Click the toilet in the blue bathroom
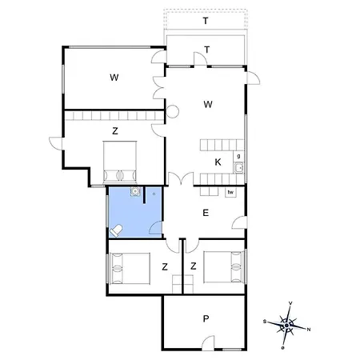pyautogui.click(x=116, y=230)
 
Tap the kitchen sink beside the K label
pyautogui.click(x=238, y=168)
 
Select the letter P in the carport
pyautogui.click(x=206, y=318)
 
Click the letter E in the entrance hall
pyautogui.click(x=206, y=213)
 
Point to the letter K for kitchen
pyautogui.click(x=218, y=162)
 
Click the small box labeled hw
pyautogui.click(x=230, y=192)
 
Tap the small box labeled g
pyautogui.click(x=238, y=156)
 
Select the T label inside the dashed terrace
pyautogui.click(x=206, y=21)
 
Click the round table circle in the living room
pyautogui.click(x=172, y=112)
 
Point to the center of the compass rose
pyautogui.click(x=286, y=326)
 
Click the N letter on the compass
pyautogui.click(x=309, y=330)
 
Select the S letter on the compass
pyautogui.click(x=265, y=322)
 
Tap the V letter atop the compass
pyautogui.click(x=290, y=303)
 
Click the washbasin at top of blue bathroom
pyautogui.click(x=135, y=191)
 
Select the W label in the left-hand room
pyautogui.click(x=114, y=78)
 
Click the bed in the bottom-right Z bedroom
pyautogui.click(x=224, y=267)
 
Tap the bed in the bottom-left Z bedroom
pyautogui.click(x=130, y=268)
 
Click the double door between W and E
pyautogui.click(x=181, y=178)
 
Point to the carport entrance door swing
pyautogui.click(x=208, y=342)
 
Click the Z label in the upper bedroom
pyautogui.click(x=115, y=131)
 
